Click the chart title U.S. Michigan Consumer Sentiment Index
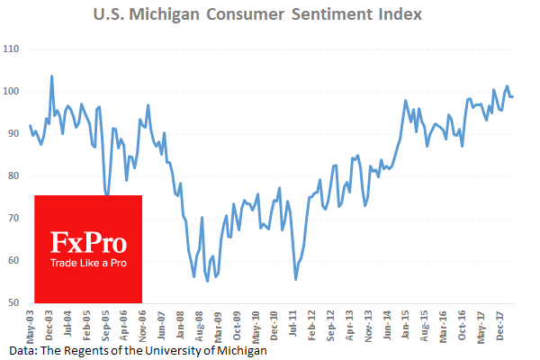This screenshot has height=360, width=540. coord(269,15)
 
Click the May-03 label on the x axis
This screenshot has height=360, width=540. coord(30,324)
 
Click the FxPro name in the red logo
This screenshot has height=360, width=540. coord(87,242)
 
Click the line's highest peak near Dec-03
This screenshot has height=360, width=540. coord(51,76)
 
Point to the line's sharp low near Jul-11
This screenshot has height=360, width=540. coord(296,279)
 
